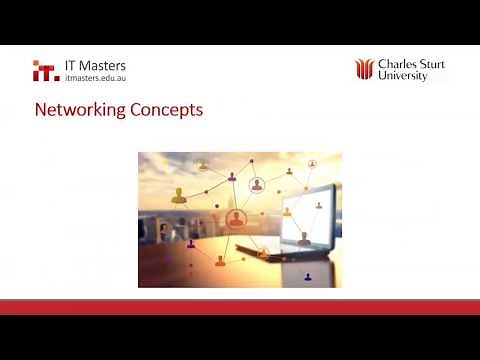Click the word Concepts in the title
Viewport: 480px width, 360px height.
166,109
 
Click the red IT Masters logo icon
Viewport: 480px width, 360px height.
45,71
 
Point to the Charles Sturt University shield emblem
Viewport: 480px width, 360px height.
364,70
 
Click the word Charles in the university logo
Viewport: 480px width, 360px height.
398,65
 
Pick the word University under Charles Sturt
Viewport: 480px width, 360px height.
403,76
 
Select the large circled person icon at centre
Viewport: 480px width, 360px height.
237,217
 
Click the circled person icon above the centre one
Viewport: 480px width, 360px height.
257,185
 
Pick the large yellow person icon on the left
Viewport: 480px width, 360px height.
180,195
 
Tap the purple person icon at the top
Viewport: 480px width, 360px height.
233,177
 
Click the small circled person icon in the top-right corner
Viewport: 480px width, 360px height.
312,162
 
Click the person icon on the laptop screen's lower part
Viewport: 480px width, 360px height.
303,237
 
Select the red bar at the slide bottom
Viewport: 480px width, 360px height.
240,306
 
